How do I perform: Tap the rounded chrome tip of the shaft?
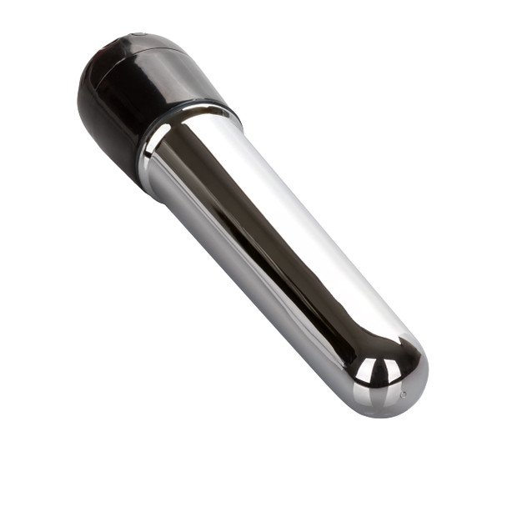click(392, 375)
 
